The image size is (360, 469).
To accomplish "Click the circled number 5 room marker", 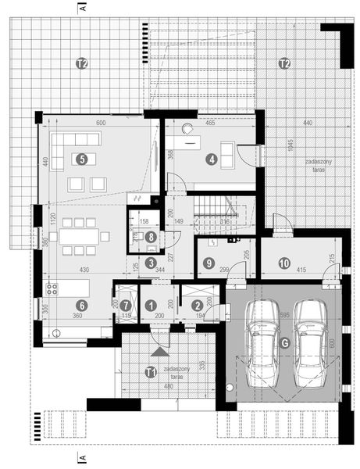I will click(x=80, y=159).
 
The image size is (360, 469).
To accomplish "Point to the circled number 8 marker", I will click(x=151, y=235).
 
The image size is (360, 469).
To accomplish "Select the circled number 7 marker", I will click(x=125, y=306).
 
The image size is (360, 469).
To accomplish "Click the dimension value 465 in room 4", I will click(x=210, y=124).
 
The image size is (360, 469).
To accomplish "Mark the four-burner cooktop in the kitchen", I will click(x=54, y=288).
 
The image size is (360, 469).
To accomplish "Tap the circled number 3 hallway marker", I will click(x=151, y=263).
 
